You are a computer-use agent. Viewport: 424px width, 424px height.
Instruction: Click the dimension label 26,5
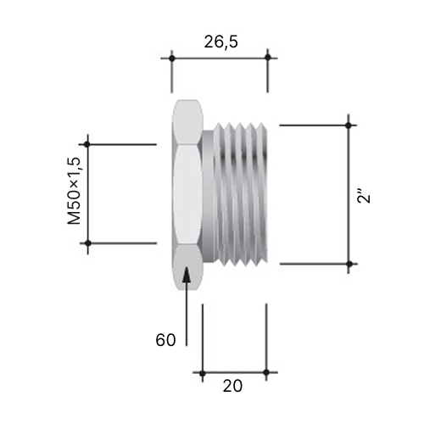click(221, 42)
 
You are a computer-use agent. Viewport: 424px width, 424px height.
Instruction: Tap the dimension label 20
click(232, 386)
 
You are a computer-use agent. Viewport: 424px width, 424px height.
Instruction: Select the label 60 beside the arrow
click(165, 340)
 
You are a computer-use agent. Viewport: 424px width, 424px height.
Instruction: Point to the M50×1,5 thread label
click(74, 191)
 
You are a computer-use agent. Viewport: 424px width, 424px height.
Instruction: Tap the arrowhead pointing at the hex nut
click(187, 274)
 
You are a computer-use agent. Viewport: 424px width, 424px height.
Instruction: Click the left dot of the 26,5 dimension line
click(171, 59)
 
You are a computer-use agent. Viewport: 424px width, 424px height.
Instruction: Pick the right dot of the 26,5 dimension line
click(268, 58)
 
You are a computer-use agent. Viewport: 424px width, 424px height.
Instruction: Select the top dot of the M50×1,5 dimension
click(87, 144)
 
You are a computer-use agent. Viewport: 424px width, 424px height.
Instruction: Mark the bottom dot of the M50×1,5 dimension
click(88, 243)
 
